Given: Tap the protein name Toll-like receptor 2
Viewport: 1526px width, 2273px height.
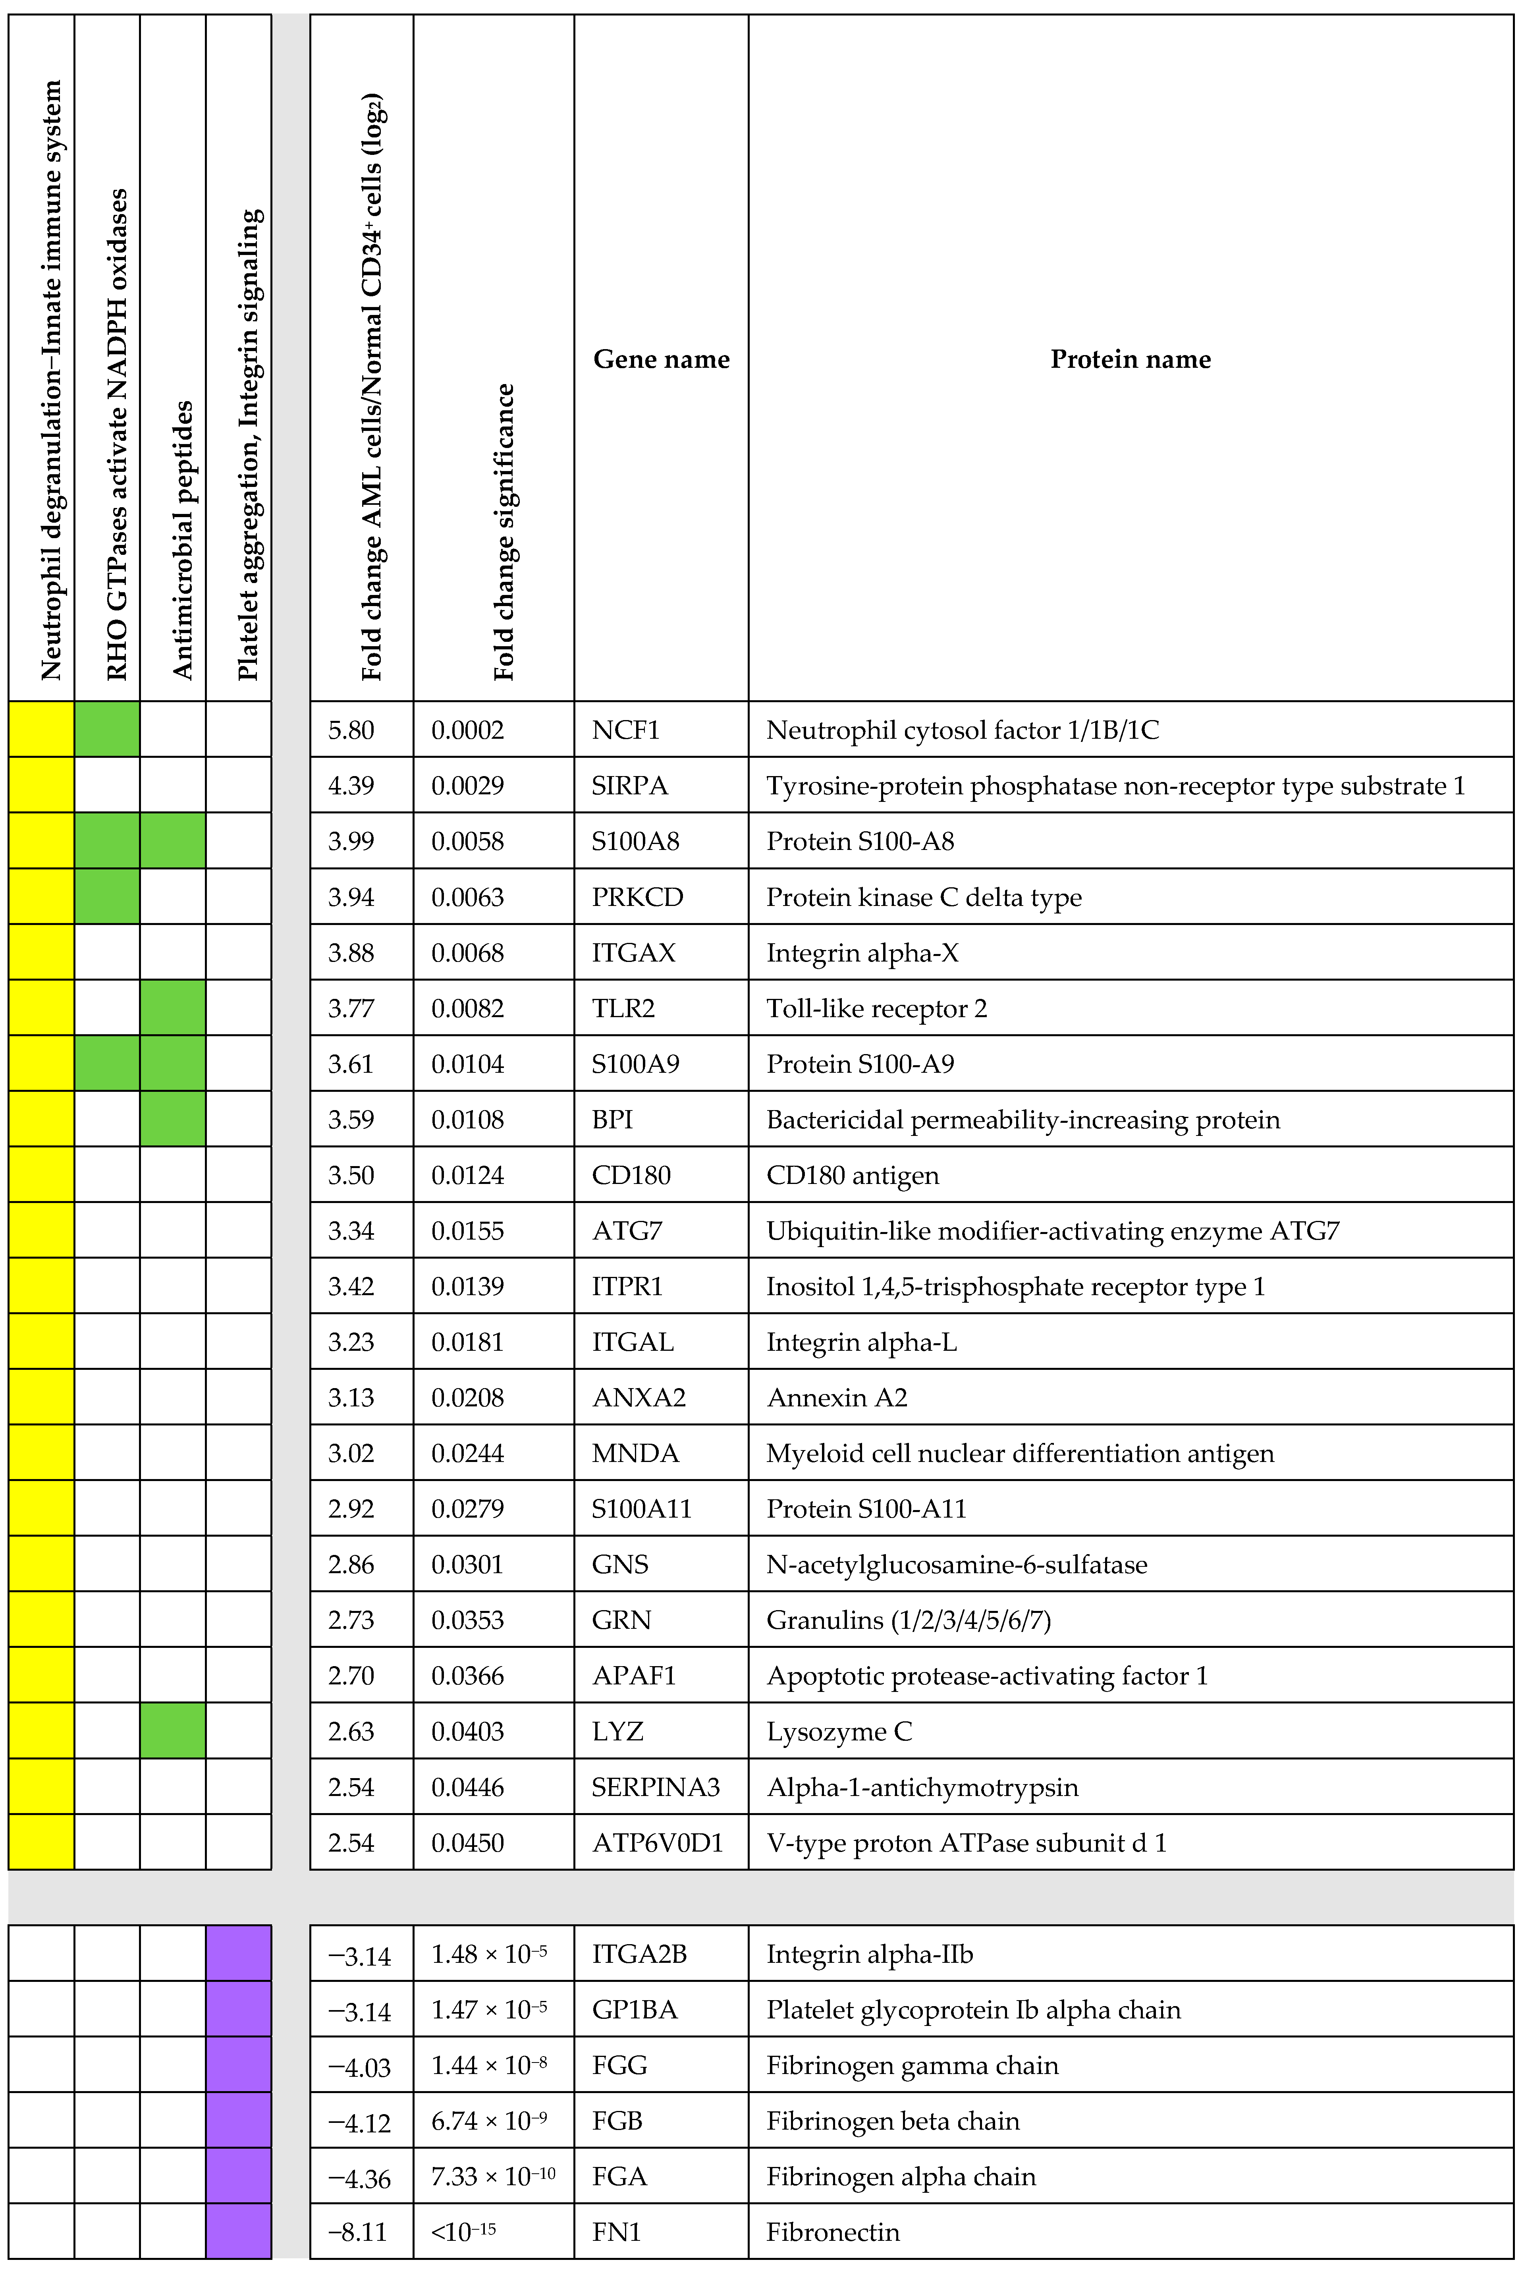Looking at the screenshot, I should tap(876, 1008).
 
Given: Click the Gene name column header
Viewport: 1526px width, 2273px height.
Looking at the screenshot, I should tap(661, 359).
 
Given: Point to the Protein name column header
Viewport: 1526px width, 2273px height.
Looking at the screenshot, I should tap(1130, 359).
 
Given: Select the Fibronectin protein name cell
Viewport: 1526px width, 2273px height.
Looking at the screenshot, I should tap(832, 2232).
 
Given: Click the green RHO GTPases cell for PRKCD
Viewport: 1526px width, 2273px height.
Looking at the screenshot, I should tap(107, 896).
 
